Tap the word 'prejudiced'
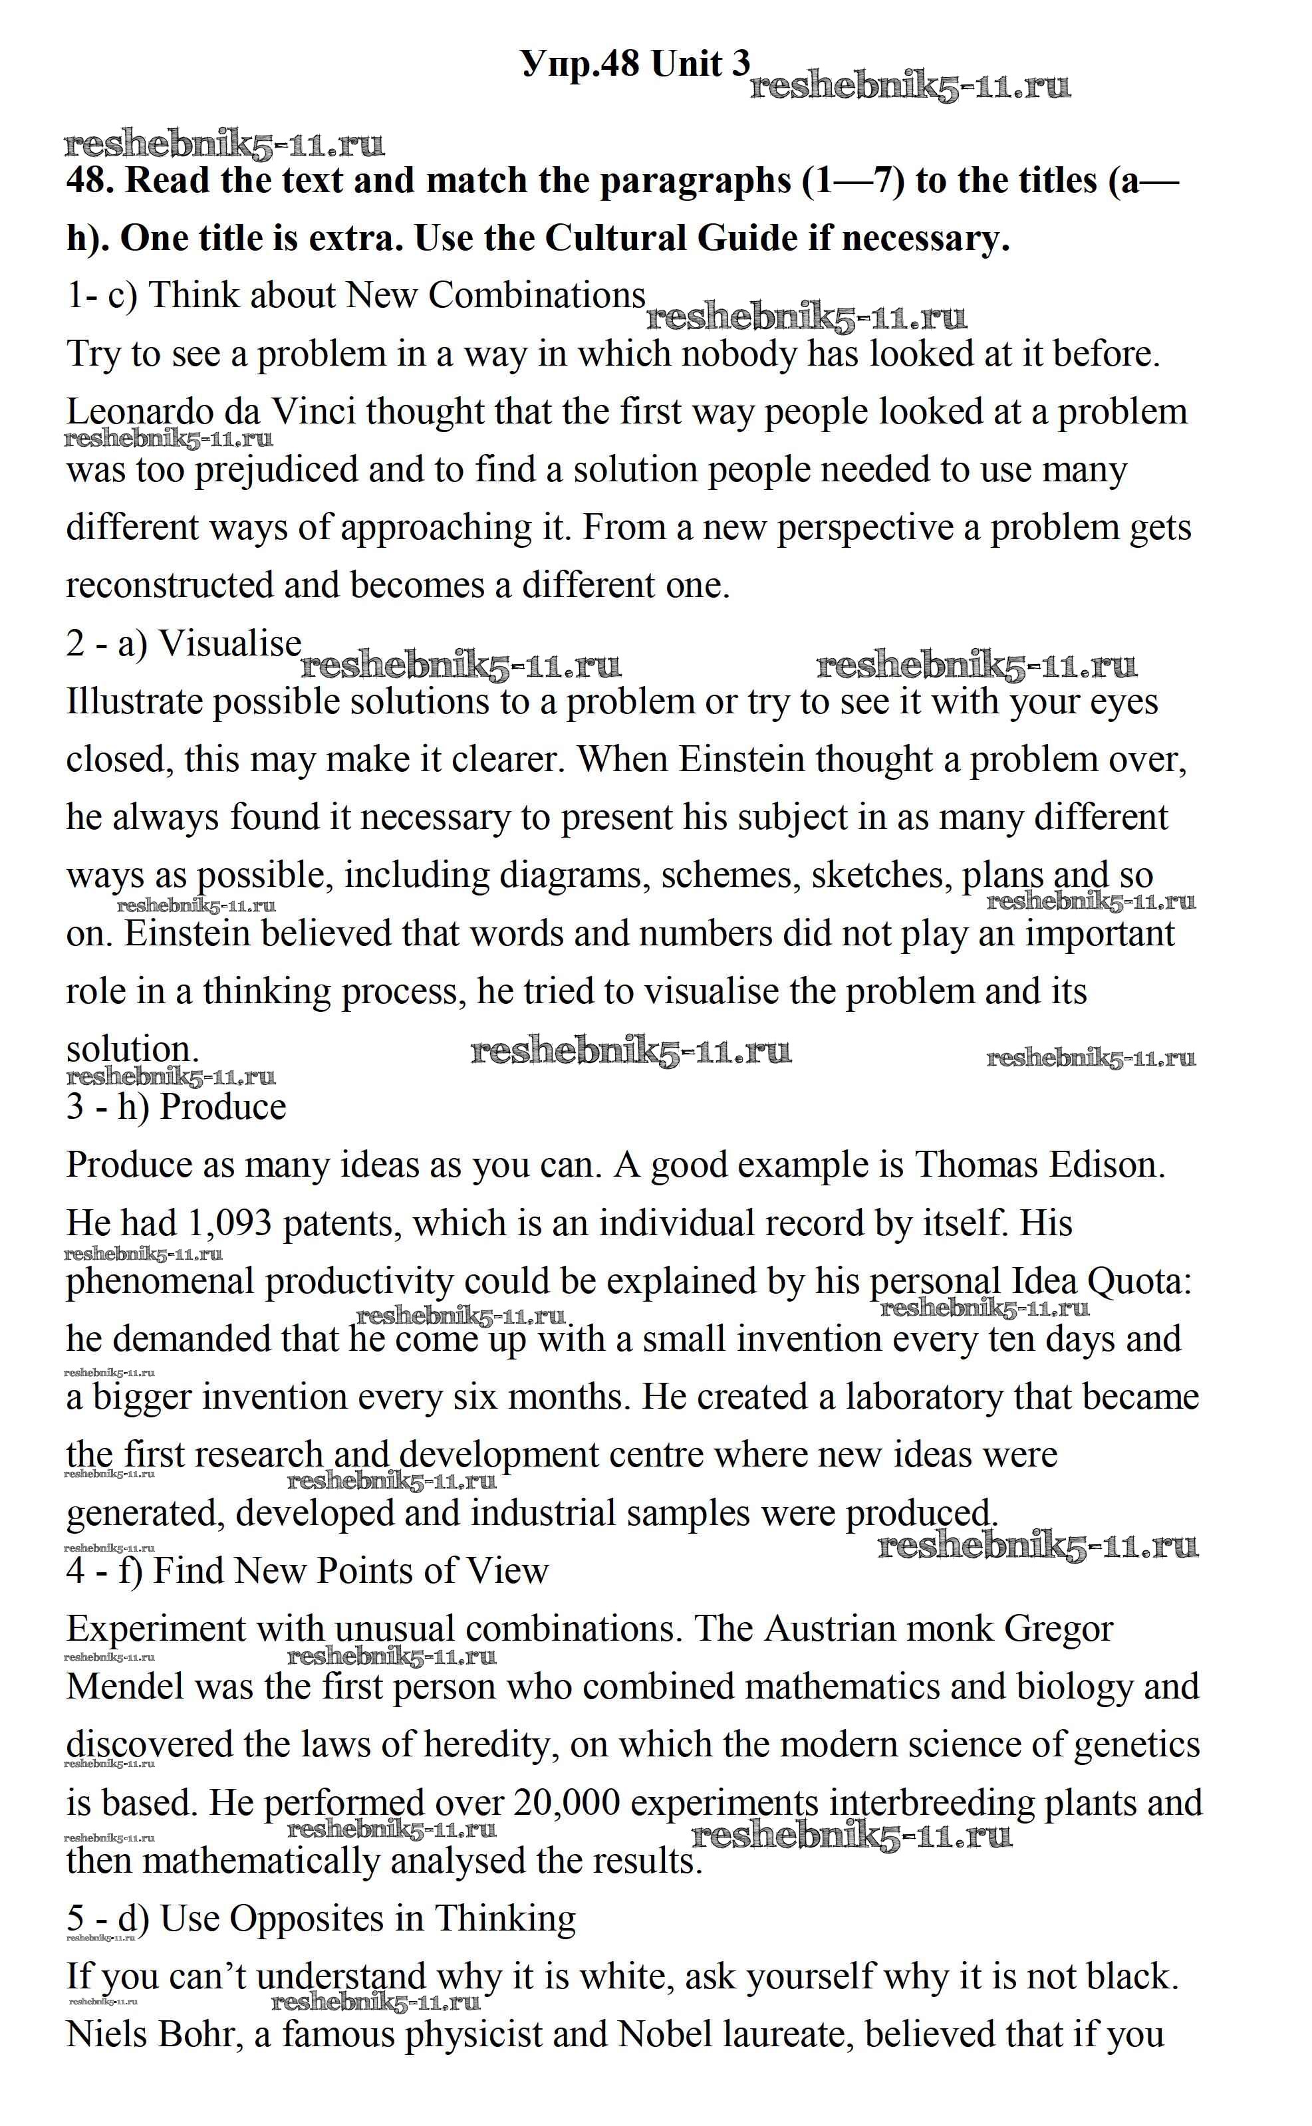[x=276, y=470]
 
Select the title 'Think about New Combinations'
[x=398, y=296]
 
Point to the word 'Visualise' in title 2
[x=230, y=644]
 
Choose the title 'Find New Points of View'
[x=350, y=1571]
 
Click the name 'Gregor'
[x=1058, y=1628]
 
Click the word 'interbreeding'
[x=931, y=1802]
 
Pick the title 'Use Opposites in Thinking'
[x=368, y=1919]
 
